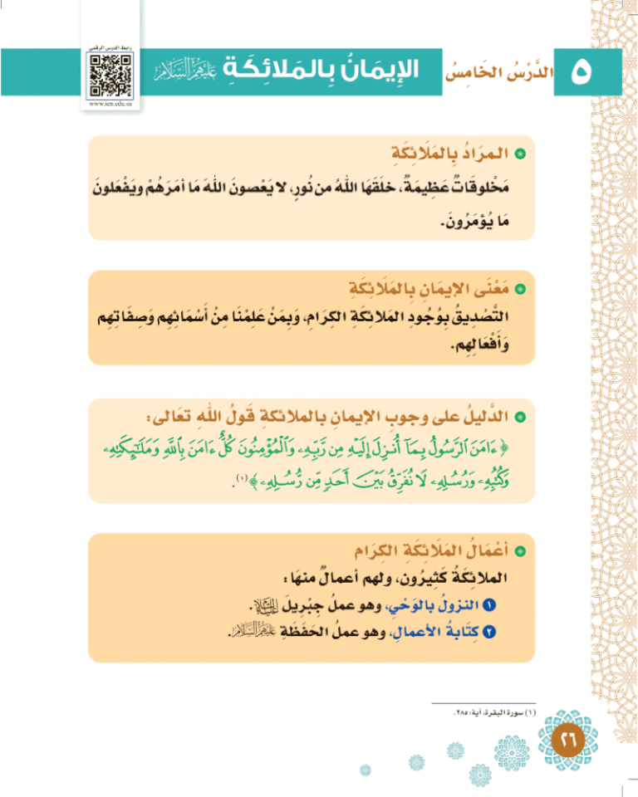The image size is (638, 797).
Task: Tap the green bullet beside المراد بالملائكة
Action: pos(521,154)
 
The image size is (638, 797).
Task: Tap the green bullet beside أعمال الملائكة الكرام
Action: pos(521,550)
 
